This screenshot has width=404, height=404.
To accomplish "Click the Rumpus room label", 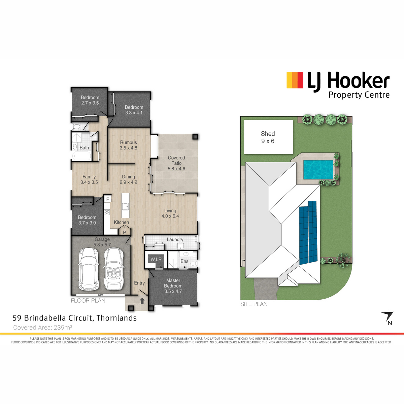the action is tap(128, 145).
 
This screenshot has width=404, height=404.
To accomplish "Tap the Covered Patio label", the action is tap(176, 163).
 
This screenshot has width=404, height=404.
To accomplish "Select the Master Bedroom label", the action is tap(173, 286).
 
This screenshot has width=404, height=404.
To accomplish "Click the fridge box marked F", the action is tap(107, 199).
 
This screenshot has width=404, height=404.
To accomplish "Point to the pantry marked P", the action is tap(124, 232).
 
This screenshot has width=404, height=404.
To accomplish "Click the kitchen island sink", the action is tap(126, 206).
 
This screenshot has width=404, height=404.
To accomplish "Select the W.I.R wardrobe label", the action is tap(156, 259).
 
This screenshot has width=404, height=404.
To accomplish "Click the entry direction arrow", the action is tap(142, 301).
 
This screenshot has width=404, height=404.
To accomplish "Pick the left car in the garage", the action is tap(88, 269).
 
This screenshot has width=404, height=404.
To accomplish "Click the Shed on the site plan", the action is tap(268, 137).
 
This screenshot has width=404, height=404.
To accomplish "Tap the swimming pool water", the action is tap(318, 170).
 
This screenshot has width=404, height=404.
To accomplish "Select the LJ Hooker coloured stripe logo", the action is tap(295, 80).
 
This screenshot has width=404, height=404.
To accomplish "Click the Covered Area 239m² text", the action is tap(43, 327).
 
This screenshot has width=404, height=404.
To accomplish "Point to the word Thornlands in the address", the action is tap(116, 318).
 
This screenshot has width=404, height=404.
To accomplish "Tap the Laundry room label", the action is tap(175, 239).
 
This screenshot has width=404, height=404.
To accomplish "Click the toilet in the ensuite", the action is tap(194, 263).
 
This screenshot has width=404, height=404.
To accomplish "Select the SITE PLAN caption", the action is tap(254, 304).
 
